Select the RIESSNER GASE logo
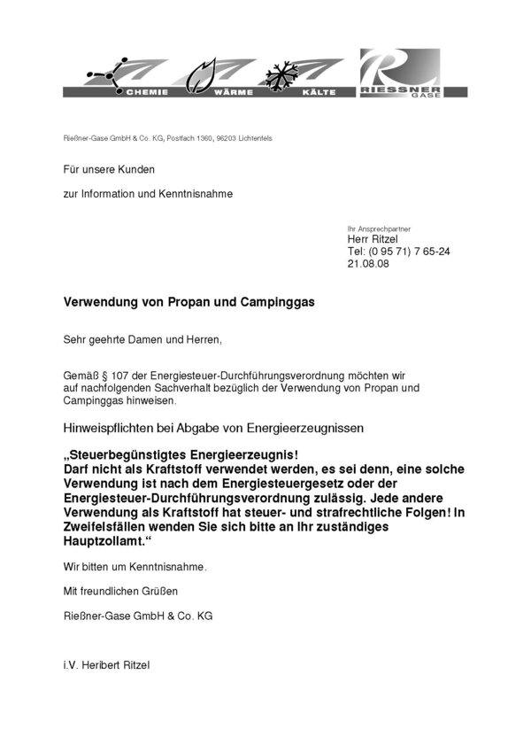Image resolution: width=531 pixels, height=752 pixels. [x=398, y=76]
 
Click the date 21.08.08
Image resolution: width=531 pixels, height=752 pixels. [x=366, y=264]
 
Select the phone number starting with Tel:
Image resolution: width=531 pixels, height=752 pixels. [x=399, y=252]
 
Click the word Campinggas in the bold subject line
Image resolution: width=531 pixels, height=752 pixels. [x=270, y=302]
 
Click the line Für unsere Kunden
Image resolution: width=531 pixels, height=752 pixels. [x=106, y=168]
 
